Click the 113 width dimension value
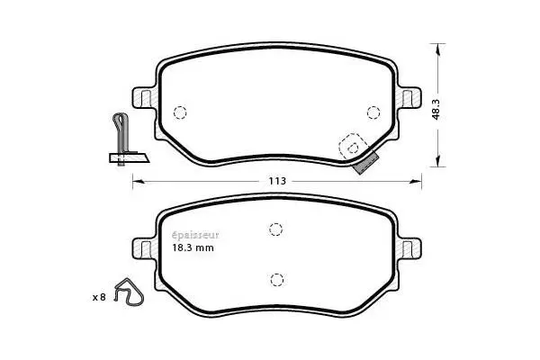pyautogui.click(x=277, y=181)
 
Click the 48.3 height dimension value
pyautogui.click(x=436, y=108)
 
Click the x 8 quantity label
pyautogui.click(x=99, y=296)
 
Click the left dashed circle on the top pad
pyautogui.click(x=178, y=112)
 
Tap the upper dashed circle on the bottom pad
pyautogui.click(x=277, y=229)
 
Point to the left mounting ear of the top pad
pyautogui.click(x=142, y=97)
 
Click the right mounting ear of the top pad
pyautogui.click(x=410, y=97)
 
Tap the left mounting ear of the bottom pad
pyautogui.click(x=142, y=247)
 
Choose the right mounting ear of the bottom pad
pyautogui.click(x=410, y=247)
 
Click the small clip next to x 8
pyautogui.click(x=128, y=292)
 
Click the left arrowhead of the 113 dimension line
pyautogui.click(x=138, y=181)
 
